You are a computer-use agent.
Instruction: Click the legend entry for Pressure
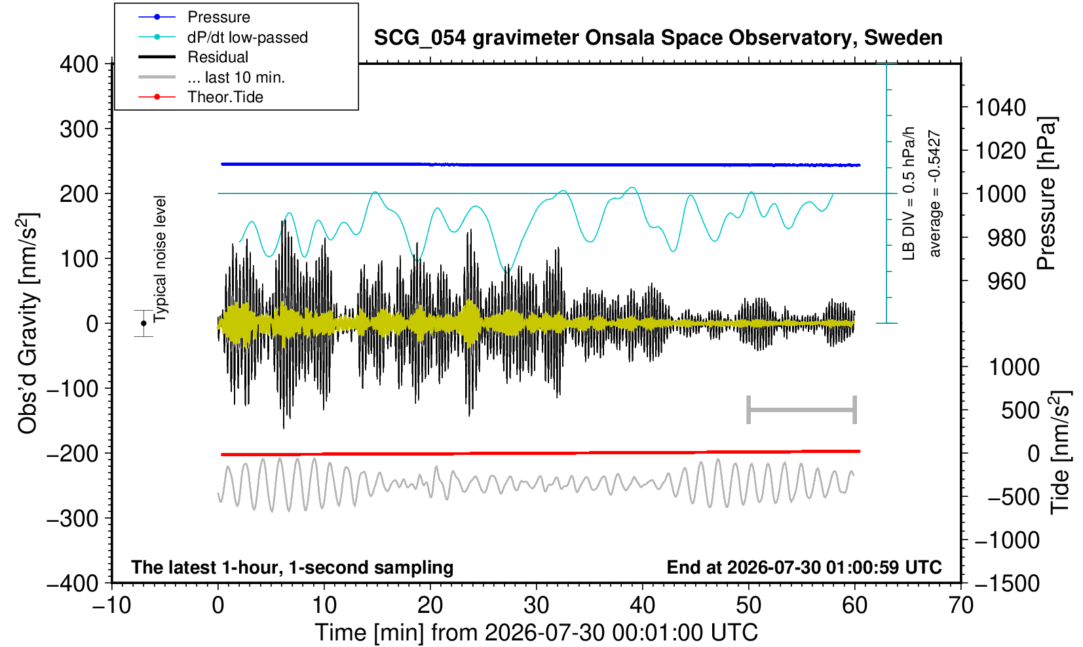[219, 18]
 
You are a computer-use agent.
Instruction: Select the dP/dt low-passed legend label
[248, 37]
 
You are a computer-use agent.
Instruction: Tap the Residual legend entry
[218, 57]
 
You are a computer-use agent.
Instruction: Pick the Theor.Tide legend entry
[225, 97]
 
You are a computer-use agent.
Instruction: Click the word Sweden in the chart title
[903, 38]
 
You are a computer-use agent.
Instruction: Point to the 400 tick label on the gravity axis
[79, 64]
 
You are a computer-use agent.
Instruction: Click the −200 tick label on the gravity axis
[73, 454]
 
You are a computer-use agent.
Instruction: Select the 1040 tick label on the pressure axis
[1000, 108]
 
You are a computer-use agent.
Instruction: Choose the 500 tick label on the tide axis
[1020, 411]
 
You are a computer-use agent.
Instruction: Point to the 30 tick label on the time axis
[536, 606]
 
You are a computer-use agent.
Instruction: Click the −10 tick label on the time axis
[111, 606]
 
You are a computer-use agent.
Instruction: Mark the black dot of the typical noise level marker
[143, 323]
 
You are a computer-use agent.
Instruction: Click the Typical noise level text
[160, 259]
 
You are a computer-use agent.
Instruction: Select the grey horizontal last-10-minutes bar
[802, 410]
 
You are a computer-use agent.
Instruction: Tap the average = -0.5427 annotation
[934, 193]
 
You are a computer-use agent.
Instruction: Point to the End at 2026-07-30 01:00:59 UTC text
[804, 567]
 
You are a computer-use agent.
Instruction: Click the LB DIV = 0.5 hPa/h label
[909, 193]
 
